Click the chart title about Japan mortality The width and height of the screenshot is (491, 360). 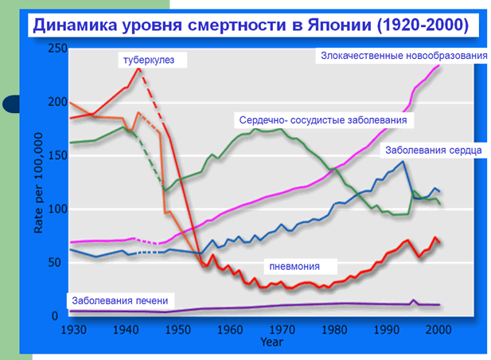pos(249,25)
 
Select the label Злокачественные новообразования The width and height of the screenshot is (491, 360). pos(403,55)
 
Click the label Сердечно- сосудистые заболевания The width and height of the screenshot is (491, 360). pos(322,120)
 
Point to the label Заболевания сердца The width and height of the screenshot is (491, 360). pos(433,150)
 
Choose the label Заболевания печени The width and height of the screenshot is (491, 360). pos(119,300)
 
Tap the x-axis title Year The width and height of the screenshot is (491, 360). pos(271,342)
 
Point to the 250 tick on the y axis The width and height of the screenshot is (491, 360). pos(57,49)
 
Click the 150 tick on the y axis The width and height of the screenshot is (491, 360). pos(57,156)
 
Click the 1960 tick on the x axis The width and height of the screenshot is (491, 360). pos(230,328)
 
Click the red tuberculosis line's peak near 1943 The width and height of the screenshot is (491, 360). pos(139,68)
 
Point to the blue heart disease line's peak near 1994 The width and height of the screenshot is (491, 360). pos(403,162)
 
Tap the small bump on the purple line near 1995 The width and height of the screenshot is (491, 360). pos(412,300)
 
